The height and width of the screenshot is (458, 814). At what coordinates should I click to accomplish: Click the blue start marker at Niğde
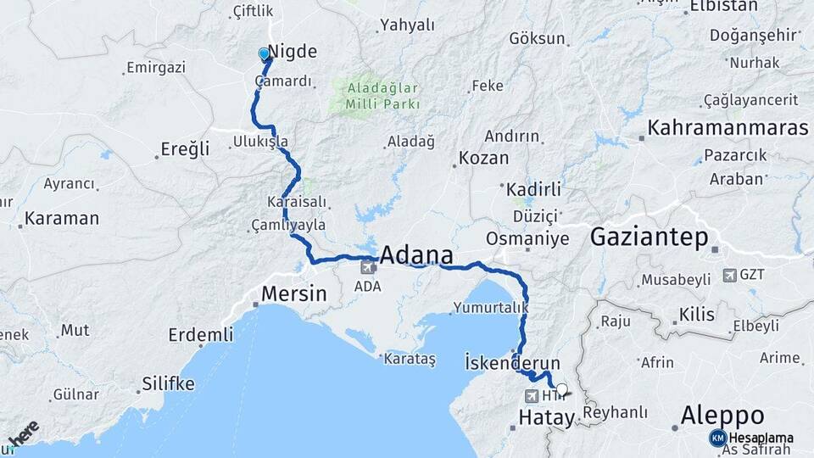pyautogui.click(x=264, y=54)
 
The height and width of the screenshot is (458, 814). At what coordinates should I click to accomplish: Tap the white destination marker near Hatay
pyautogui.click(x=561, y=390)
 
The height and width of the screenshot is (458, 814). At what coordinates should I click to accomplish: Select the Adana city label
pyautogui.click(x=415, y=256)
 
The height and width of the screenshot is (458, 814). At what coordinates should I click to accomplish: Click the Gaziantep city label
pyautogui.click(x=649, y=237)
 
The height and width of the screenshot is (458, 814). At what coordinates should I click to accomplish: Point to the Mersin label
pyautogui.click(x=294, y=294)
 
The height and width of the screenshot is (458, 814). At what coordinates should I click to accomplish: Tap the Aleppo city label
pyautogui.click(x=723, y=416)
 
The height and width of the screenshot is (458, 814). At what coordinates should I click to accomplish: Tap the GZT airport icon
pyautogui.click(x=730, y=275)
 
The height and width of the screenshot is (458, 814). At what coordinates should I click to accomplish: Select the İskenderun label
pyautogui.click(x=513, y=363)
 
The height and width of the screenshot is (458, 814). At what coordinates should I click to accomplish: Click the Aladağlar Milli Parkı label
pyautogui.click(x=382, y=95)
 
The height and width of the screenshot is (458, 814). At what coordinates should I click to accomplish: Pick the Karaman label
pyautogui.click(x=61, y=218)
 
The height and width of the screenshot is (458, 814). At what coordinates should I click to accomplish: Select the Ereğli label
pyautogui.click(x=185, y=149)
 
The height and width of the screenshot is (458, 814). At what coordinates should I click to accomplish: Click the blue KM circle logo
pyautogui.click(x=718, y=438)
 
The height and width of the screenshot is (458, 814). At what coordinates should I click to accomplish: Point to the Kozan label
pyautogui.click(x=483, y=158)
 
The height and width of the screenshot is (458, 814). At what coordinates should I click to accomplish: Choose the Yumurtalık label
pyautogui.click(x=491, y=307)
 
